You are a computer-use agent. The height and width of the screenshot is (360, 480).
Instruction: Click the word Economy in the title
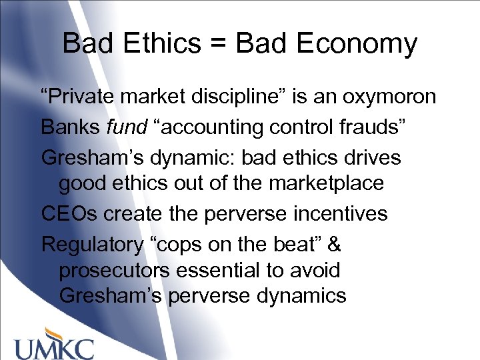pyautogui.click(x=356, y=44)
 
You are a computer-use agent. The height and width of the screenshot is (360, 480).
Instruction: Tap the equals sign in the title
pyautogui.click(x=217, y=44)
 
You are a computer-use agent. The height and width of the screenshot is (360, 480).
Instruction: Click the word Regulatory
pyautogui.click(x=92, y=244)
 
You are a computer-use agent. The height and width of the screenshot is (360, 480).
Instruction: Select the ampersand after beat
pyautogui.click(x=334, y=244)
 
